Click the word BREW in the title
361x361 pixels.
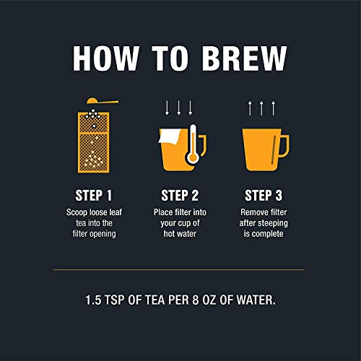[245, 58]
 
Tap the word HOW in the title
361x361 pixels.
[106, 58]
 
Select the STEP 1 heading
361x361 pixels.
[94, 195]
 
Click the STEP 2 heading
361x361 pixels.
[180, 195]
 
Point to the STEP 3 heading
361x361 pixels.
[264, 195]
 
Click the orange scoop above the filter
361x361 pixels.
[103, 101]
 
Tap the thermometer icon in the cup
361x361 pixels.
[193, 144]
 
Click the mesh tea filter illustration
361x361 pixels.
[94, 142]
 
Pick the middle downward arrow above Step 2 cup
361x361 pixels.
[178, 108]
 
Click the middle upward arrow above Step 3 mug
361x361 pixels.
[261, 108]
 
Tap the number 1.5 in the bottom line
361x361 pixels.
[93, 300]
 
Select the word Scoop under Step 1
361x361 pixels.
[77, 212]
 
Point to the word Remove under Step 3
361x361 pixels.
[251, 212]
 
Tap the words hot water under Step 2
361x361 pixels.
[180, 234]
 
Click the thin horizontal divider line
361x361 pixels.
[179, 270]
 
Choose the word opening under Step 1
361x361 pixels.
[102, 234]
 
